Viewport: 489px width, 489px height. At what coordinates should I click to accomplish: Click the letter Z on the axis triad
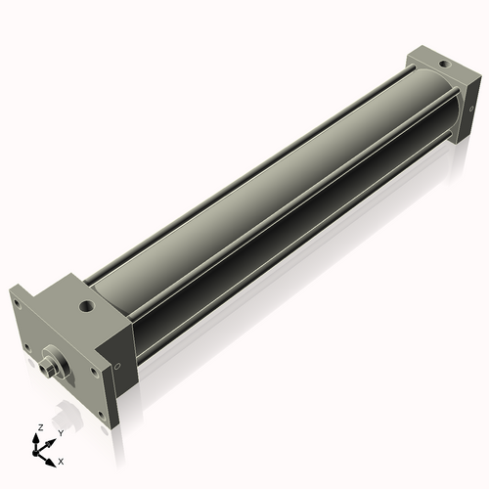[38, 427]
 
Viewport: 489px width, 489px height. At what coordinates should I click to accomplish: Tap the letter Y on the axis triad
[60, 431]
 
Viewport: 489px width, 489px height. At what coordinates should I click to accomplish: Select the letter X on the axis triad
[62, 460]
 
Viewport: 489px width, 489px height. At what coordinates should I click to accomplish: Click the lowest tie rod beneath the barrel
[293, 259]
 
